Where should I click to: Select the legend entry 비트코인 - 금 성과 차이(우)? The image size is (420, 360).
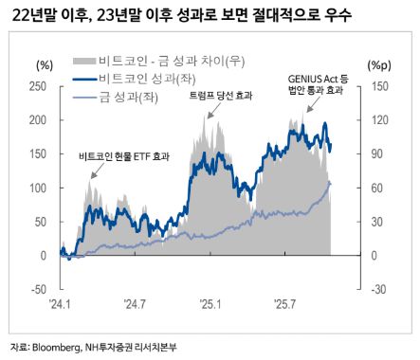(156, 63)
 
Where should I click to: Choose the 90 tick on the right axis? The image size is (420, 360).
(376, 153)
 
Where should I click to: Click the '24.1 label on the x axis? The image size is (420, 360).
(59, 304)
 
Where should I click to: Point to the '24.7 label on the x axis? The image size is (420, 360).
(134, 304)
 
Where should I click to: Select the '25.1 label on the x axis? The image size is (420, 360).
(208, 304)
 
